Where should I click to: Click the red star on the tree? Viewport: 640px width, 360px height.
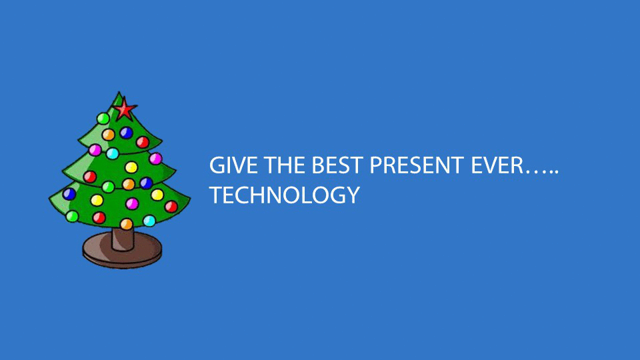click(125, 109)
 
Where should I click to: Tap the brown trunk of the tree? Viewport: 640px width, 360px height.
click(123, 239)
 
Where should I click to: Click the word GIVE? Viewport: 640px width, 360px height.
click(233, 165)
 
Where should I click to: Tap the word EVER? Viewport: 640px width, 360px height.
click(497, 165)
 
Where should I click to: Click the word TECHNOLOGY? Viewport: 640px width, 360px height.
click(285, 195)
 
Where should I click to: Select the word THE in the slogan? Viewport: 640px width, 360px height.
click(285, 165)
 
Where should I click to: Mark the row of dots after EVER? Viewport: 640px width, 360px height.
click(541, 172)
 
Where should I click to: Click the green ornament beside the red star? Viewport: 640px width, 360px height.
click(103, 119)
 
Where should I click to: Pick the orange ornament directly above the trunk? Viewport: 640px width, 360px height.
click(127, 224)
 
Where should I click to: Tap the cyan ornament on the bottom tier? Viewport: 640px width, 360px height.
click(149, 221)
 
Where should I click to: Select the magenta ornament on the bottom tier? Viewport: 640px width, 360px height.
click(132, 203)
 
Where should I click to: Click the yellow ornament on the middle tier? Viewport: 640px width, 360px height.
click(131, 167)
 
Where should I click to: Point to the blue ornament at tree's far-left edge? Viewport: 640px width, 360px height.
click(69, 194)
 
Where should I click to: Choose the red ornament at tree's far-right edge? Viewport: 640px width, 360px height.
click(171, 207)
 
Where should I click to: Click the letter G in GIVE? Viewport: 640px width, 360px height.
click(217, 165)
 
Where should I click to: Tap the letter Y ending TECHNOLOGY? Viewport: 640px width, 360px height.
click(352, 195)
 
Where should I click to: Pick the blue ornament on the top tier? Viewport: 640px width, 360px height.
click(126, 133)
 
